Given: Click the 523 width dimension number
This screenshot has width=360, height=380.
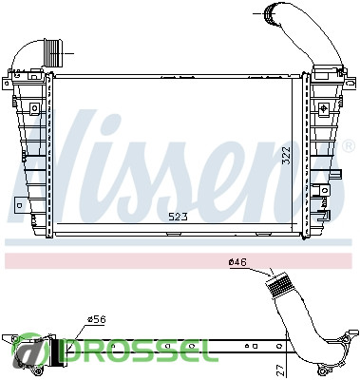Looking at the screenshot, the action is (x=178, y=217).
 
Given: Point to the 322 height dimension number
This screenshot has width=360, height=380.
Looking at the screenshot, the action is (x=286, y=155).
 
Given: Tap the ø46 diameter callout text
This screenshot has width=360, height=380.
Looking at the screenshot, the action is (x=237, y=262).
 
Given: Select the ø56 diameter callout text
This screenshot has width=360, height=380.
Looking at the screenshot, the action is (x=97, y=319).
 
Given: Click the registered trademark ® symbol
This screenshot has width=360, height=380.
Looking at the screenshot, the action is (x=349, y=145).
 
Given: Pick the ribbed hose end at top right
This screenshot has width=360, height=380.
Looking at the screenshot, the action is (x=270, y=13).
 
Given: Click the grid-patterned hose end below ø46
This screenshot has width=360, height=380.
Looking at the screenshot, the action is (x=279, y=285).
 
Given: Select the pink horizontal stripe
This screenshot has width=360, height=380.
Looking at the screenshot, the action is (x=179, y=260).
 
